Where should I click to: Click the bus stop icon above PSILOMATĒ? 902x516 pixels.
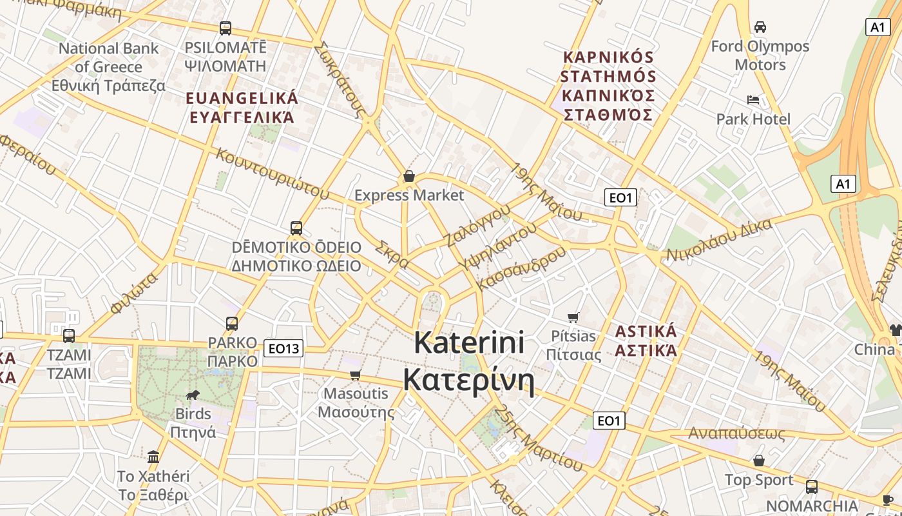tap(225, 28)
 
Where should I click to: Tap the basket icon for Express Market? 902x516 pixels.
tap(408, 176)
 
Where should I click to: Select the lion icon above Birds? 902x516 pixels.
tap(192, 395)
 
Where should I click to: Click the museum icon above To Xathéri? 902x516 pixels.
tap(153, 457)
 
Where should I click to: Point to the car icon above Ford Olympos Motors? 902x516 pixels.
tap(760, 27)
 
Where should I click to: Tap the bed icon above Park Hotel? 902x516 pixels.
tap(753, 100)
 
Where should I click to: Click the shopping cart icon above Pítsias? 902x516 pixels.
tap(573, 317)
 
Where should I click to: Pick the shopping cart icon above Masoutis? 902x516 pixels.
tap(355, 375)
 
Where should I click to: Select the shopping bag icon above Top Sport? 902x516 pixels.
tap(759, 461)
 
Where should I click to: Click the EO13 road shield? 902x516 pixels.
tap(283, 349)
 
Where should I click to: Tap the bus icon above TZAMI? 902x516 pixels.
tap(68, 336)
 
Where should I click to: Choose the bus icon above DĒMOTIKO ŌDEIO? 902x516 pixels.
tap(296, 228)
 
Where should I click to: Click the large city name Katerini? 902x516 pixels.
tap(469, 342)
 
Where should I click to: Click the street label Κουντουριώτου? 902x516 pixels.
tap(273, 174)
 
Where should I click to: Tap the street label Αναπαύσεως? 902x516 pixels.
tap(736, 433)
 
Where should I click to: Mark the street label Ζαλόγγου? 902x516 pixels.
tap(477, 225)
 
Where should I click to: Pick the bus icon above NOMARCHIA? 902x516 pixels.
tap(812, 487)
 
